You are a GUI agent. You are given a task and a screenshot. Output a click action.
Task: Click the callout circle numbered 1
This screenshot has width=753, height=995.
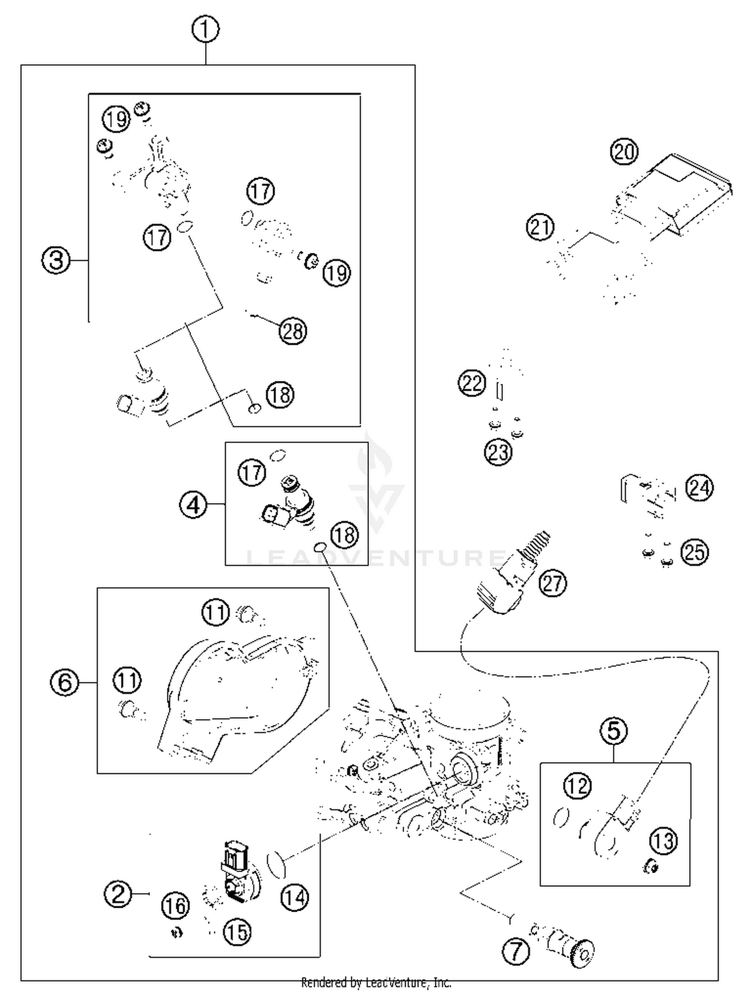(x=205, y=30)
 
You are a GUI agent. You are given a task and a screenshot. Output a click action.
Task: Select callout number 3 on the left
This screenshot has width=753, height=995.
(x=56, y=260)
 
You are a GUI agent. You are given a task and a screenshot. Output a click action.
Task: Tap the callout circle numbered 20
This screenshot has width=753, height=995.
(x=624, y=152)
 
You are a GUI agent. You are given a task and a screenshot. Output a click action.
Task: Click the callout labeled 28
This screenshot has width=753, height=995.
(x=293, y=331)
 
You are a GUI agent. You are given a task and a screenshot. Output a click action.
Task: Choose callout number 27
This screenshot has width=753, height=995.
(x=553, y=583)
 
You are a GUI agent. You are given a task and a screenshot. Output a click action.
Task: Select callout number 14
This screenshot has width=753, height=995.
(x=294, y=897)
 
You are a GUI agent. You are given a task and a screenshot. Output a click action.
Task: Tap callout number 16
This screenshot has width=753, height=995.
(x=175, y=905)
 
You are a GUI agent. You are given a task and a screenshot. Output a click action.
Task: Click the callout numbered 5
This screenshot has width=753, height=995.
(x=614, y=731)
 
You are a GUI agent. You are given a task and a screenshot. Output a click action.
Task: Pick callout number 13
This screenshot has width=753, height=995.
(x=664, y=840)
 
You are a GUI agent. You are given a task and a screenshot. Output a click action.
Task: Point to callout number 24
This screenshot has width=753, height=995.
(x=699, y=487)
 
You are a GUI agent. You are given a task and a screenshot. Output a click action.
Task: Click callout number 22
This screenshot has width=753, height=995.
(x=472, y=383)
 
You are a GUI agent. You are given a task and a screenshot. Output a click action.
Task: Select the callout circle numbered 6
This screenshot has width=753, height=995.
(x=65, y=682)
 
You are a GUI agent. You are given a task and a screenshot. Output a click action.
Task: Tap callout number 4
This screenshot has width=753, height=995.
(x=193, y=505)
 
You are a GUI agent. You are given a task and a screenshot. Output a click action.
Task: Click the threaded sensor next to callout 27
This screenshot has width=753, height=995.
(x=512, y=572)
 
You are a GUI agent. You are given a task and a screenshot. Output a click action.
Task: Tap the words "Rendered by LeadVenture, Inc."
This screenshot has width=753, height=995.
(x=376, y=982)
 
